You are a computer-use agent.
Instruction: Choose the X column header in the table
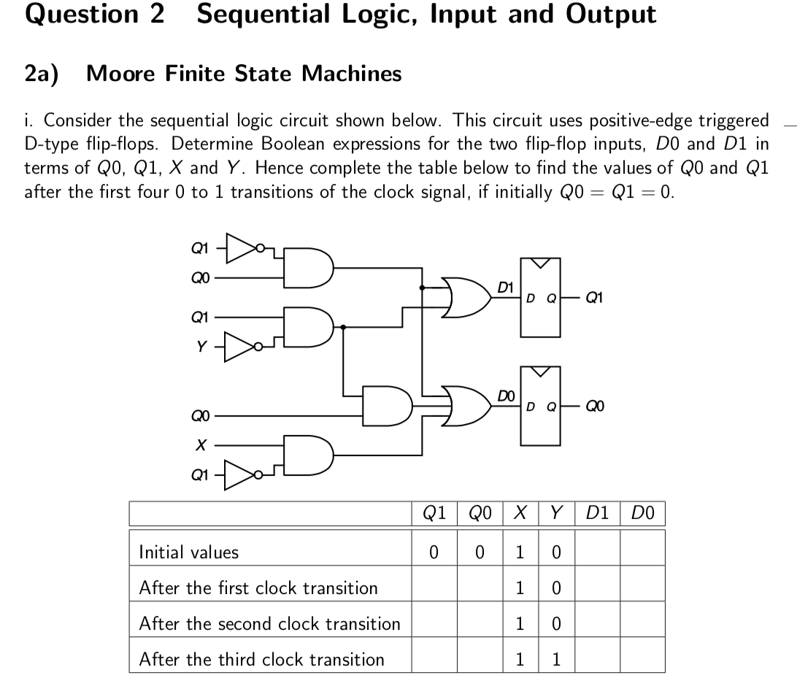pyautogui.click(x=521, y=514)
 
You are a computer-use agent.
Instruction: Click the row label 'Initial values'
pyautogui.click(x=189, y=552)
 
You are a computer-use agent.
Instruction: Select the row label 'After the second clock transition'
pyautogui.click(x=269, y=624)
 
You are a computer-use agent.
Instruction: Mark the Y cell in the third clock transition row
pyautogui.click(x=555, y=660)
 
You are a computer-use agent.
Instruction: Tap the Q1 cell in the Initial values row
pyautogui.click(x=434, y=552)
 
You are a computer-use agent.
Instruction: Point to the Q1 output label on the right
pyautogui.click(x=594, y=297)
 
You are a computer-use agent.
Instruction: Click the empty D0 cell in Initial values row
pyautogui.click(x=643, y=552)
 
